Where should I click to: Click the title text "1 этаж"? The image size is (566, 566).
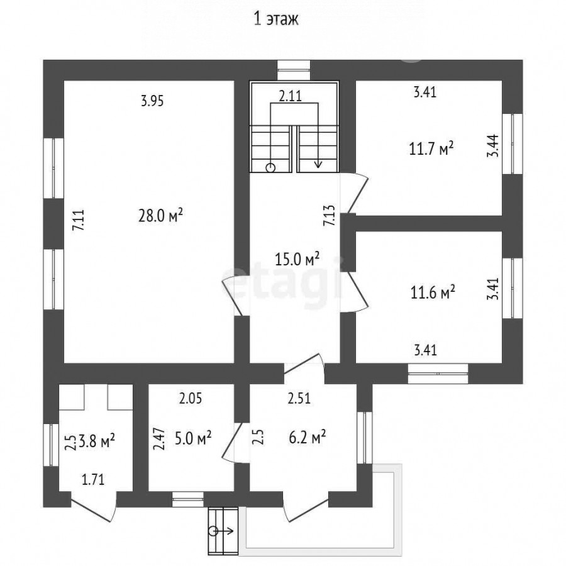tap(276, 19)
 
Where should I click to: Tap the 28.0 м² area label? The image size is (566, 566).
tap(160, 216)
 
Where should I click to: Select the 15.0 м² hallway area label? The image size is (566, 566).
tap(297, 258)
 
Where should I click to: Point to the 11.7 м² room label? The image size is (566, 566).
tap(431, 148)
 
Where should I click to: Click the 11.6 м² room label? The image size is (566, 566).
tap(433, 292)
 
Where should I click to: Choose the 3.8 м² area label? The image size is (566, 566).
tap(97, 441)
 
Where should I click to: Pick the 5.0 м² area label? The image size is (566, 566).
tap(193, 438)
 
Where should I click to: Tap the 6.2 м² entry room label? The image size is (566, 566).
tap(308, 438)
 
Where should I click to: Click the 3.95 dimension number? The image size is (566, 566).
tap(152, 101)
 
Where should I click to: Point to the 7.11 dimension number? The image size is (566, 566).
tap(79, 220)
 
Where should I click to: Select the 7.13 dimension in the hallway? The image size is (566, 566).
tap(329, 216)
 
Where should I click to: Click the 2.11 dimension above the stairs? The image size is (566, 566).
tap(291, 96)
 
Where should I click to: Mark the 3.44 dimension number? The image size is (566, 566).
tap(492, 145)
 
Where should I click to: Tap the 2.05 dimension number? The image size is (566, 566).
tap(191, 399)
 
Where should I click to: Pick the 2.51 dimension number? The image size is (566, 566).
tap(299, 399)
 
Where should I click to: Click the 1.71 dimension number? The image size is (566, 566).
tap(93, 480)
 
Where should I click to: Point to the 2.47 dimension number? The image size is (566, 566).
tap(159, 439)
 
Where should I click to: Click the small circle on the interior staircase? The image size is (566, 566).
tap(270, 168)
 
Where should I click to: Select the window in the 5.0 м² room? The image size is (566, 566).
tap(187, 499)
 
